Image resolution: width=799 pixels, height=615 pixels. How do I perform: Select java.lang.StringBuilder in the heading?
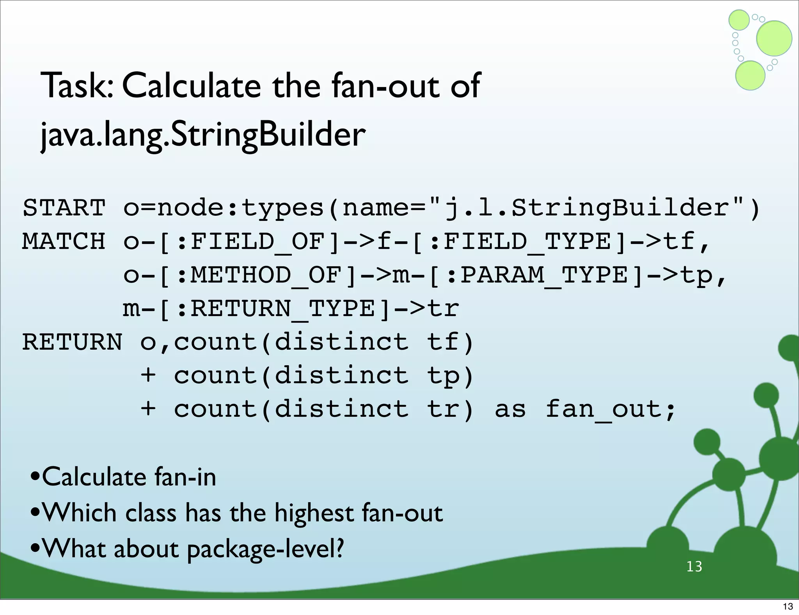coord(203,135)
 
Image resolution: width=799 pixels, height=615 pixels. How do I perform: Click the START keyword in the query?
coord(64,208)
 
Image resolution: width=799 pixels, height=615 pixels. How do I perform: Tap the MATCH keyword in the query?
coord(64,242)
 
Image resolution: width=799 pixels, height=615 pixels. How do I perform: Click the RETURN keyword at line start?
coord(72,343)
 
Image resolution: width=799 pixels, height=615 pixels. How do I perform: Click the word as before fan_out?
coord(510,410)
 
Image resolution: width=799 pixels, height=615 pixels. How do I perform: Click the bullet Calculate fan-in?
coord(129,477)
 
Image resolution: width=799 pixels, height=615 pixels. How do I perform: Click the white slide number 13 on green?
coord(694,567)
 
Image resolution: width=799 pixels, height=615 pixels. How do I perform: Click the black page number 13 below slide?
coord(788,606)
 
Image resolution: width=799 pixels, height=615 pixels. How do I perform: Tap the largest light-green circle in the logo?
coord(774,38)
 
